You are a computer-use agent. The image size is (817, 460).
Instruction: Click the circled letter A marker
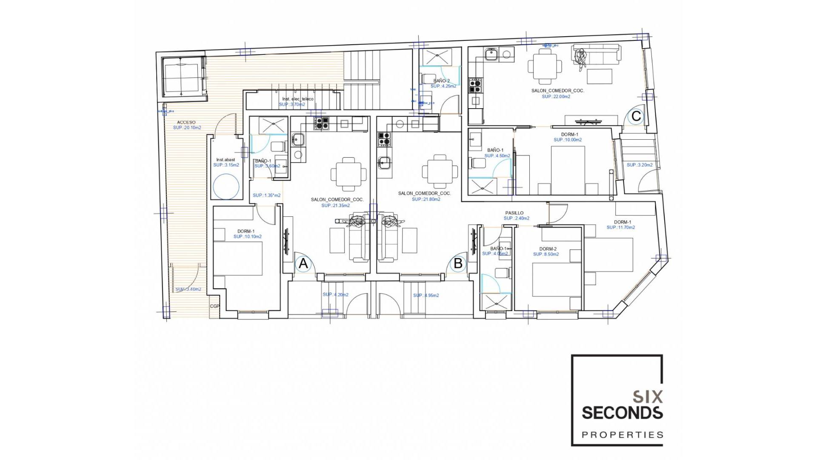(x=303, y=263)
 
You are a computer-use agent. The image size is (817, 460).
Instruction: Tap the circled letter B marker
(x=458, y=263)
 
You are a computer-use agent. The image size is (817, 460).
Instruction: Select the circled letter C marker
(x=636, y=116)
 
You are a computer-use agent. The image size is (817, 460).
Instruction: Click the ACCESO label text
(x=186, y=122)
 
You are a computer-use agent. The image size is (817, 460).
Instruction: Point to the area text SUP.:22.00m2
(x=556, y=97)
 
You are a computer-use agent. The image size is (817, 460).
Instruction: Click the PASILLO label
(x=514, y=213)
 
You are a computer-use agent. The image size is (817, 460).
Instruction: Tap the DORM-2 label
(x=548, y=249)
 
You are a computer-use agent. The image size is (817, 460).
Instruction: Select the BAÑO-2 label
(x=441, y=80)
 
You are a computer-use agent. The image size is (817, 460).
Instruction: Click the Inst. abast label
(x=226, y=160)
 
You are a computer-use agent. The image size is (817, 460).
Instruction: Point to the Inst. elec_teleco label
(x=297, y=99)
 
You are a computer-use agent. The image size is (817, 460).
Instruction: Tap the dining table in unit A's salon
(x=349, y=174)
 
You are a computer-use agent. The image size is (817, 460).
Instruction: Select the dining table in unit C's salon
(x=545, y=66)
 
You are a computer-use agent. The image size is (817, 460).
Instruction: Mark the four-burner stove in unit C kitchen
(x=475, y=85)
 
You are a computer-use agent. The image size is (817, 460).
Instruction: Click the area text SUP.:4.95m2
(x=426, y=295)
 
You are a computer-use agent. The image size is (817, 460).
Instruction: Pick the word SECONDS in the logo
(x=622, y=413)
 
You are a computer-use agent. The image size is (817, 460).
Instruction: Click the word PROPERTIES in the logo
(x=622, y=435)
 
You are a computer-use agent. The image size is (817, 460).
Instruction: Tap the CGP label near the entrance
(x=214, y=306)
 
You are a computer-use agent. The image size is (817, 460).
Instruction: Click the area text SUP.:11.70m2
(x=620, y=227)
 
